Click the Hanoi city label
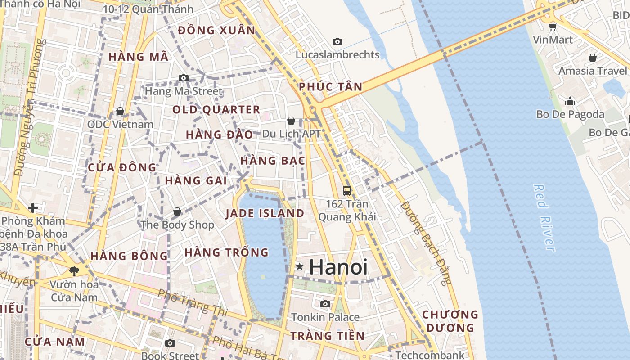pos(338,267)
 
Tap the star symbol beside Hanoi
pos(300,267)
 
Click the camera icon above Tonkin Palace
pos(325,304)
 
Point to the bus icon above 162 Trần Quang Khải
pos(346,190)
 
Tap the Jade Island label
pos(265,213)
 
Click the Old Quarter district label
pos(216,110)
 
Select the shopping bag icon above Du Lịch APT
pos(291,121)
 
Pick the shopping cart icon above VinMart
pos(553,27)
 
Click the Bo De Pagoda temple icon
pos(570,101)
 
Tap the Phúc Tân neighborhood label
pos(331,87)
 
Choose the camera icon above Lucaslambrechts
pos(337,41)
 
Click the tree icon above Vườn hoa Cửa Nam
pos(74,271)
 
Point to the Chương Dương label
pos(450,321)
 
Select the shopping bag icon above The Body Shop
pos(177,211)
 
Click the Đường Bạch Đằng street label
pos(425,243)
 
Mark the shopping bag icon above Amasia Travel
pos(593,58)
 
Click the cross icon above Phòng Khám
pos(32,208)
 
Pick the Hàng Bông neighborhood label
pos(129,256)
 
